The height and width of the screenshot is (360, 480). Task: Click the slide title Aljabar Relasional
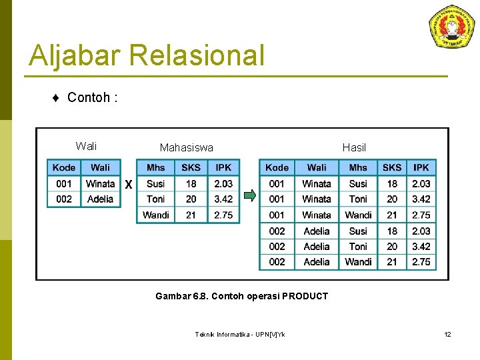tap(147, 55)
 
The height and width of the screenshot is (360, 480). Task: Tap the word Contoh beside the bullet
tap(89, 98)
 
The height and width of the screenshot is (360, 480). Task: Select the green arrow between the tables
tap(249, 195)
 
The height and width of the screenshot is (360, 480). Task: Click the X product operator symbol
tap(128, 185)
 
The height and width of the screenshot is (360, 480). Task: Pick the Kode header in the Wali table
tap(64, 167)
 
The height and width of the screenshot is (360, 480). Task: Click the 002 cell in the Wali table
tap(64, 199)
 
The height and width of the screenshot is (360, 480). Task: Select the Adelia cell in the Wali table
tap(101, 199)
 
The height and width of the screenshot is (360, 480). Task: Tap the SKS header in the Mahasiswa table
tap(191, 167)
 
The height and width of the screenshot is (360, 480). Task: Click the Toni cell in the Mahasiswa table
tap(155, 199)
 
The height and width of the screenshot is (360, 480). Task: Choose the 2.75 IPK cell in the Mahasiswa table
tap(223, 215)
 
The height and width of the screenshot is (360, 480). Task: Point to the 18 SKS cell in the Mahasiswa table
tap(191, 183)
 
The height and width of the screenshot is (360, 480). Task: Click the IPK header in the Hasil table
tap(421, 167)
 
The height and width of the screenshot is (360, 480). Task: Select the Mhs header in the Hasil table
tap(358, 167)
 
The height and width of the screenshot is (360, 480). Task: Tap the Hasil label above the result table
tap(354, 147)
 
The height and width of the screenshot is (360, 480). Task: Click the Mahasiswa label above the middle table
tap(187, 147)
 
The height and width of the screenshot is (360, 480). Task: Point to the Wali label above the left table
tap(86, 146)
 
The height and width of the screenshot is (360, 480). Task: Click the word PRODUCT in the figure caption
tap(304, 296)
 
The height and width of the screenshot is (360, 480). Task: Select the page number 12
tap(448, 334)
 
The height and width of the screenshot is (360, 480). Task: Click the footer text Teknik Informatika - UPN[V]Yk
tap(240, 334)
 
